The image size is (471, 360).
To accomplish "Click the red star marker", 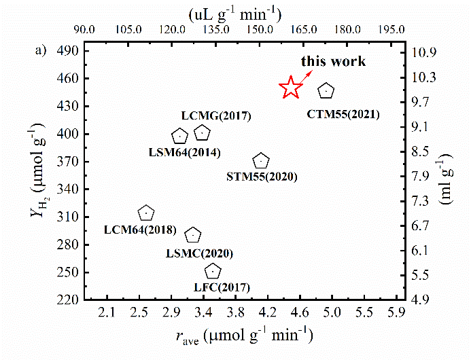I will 291,87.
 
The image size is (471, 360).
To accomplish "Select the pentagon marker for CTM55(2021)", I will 327,90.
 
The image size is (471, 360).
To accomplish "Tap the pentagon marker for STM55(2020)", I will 261,161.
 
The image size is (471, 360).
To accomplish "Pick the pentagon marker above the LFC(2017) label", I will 213,272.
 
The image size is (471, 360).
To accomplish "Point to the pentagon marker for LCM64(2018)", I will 146,213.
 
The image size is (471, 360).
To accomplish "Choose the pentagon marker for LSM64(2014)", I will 179,136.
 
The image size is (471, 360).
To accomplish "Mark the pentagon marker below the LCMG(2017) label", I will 203,132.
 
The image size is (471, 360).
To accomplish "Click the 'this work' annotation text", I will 334,62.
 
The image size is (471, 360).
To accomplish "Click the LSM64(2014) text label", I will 184,152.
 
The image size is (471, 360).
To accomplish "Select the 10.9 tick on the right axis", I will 425,52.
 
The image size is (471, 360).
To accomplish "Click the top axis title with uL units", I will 234,13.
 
